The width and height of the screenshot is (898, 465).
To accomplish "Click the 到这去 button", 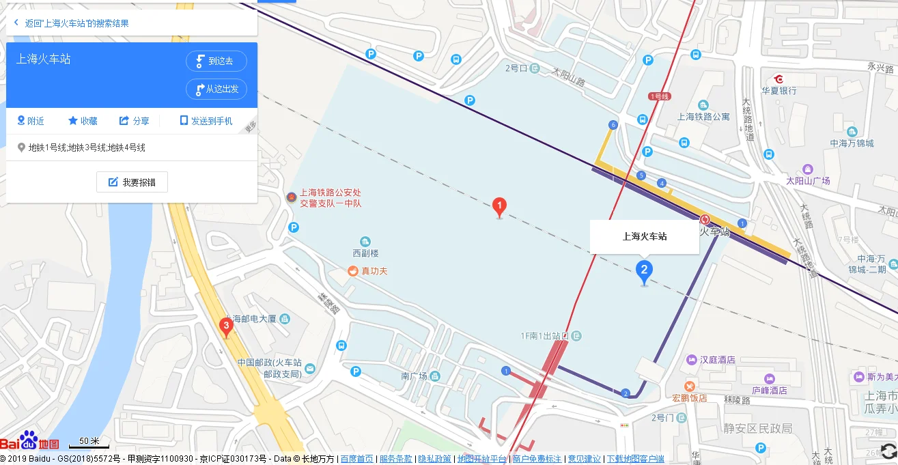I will point(216,61).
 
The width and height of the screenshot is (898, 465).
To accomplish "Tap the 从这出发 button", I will point(216,89).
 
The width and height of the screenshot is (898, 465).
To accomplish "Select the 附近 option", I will point(31,121).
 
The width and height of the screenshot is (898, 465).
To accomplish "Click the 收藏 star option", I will point(83,121).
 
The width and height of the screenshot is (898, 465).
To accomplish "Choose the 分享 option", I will point(134,121).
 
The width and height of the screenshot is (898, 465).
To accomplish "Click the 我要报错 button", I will point(132,182).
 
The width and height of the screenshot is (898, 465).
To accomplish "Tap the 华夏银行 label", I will point(779,89).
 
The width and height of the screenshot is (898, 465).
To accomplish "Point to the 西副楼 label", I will point(365,253).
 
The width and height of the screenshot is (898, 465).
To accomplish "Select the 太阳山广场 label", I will point(808,181).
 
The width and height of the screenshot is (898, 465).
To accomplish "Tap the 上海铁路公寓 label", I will point(703,117).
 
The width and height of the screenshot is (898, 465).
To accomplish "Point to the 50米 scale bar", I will point(89,442).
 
